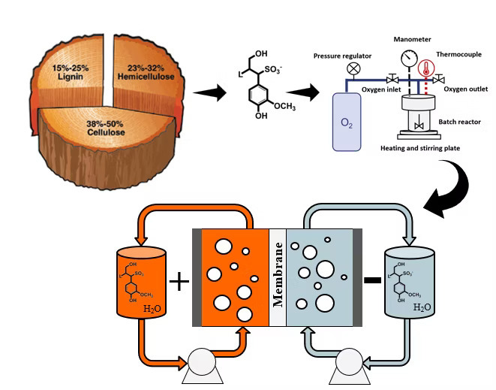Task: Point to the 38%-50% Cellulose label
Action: pyautogui.click(x=82, y=128)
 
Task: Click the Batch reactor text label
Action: pyautogui.click(x=458, y=122)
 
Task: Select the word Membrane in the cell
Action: pyautogui.click(x=277, y=275)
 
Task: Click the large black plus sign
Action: pyautogui.click(x=179, y=283)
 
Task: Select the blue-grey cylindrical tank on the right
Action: pyautogui.click(x=409, y=283)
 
